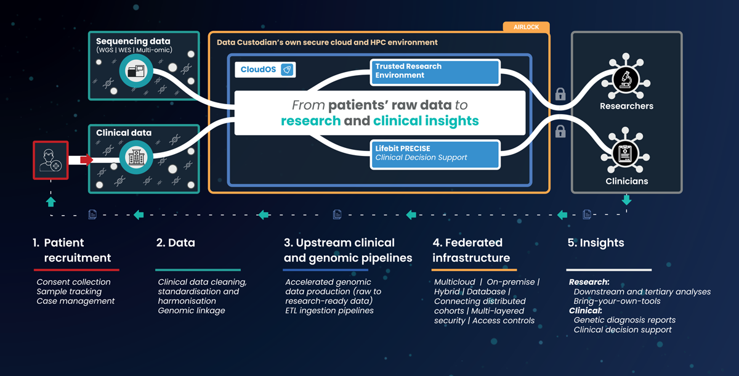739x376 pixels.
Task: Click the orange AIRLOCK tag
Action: (526, 27)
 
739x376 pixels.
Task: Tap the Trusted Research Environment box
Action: (435, 72)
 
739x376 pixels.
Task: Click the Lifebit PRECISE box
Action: (435, 153)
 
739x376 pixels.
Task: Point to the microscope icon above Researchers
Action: (626, 78)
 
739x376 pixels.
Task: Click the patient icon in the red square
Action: (50, 160)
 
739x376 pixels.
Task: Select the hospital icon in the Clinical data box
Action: (135, 158)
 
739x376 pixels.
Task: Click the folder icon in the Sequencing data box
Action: (135, 72)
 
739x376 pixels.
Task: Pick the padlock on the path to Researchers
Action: (560, 94)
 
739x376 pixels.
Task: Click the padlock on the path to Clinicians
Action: (560, 131)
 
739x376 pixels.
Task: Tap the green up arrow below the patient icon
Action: (50, 202)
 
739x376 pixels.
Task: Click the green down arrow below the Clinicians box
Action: (626, 200)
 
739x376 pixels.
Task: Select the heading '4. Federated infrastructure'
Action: (471, 250)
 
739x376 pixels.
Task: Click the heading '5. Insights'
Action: (596, 243)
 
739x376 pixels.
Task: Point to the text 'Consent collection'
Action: (73, 282)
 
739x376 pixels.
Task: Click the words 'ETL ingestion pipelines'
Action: (329, 311)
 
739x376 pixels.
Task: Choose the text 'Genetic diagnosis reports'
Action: (624, 320)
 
